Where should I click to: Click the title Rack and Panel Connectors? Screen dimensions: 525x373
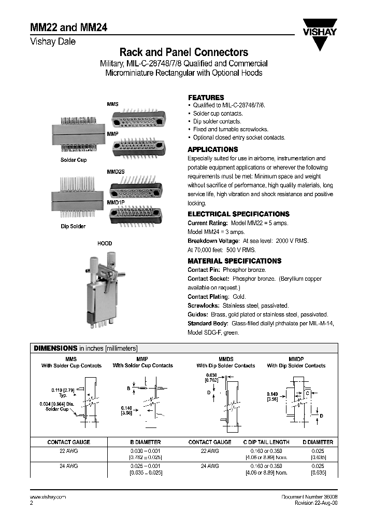(x=183, y=52)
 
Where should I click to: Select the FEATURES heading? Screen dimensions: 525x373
(x=206, y=98)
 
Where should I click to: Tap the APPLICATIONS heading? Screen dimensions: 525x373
(x=213, y=149)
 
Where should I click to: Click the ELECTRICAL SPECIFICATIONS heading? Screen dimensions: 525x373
(x=238, y=214)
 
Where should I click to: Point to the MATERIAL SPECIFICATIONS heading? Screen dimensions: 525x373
(x=234, y=261)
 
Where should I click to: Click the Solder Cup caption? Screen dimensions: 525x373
(x=74, y=160)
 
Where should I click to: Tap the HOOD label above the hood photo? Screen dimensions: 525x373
(x=105, y=243)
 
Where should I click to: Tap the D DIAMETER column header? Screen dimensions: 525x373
(x=318, y=442)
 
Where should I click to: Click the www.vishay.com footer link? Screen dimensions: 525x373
(x=46, y=497)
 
